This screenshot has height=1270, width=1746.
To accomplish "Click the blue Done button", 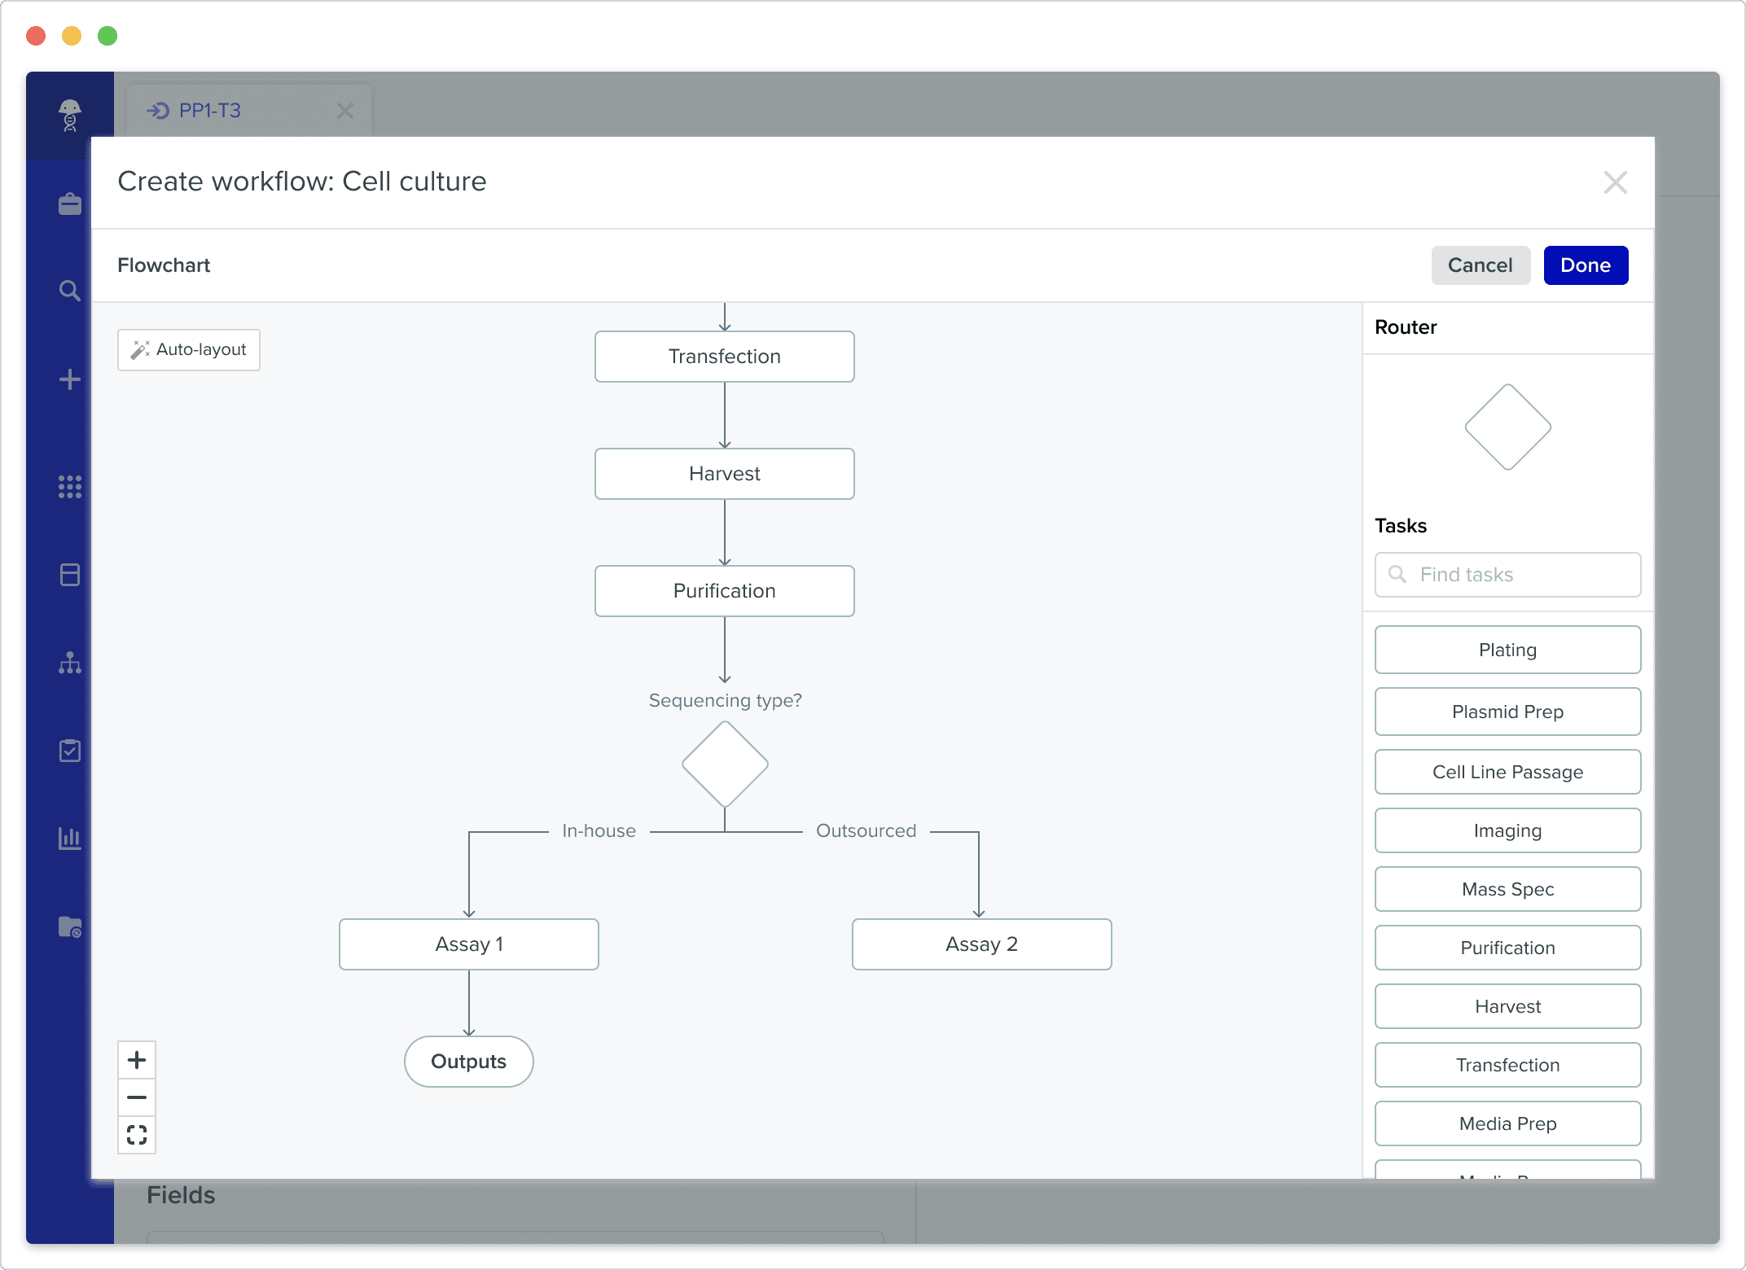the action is click(1586, 265).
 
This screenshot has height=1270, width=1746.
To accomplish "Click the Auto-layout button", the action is click(189, 350).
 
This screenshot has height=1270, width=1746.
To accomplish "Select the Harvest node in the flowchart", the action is click(725, 474).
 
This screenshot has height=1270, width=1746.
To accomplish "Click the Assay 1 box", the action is click(469, 944).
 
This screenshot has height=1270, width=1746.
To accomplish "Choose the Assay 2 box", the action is click(982, 944).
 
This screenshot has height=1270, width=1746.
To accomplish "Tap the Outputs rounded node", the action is click(469, 1062).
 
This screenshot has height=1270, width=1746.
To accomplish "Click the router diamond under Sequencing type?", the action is click(725, 764).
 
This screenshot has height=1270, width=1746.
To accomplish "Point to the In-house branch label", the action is click(599, 831).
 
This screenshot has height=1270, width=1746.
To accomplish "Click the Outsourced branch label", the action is click(866, 831).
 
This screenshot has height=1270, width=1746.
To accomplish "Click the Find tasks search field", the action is click(1507, 575).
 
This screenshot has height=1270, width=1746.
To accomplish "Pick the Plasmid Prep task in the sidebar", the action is click(1507, 712).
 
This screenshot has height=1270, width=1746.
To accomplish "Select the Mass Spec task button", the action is click(1507, 889).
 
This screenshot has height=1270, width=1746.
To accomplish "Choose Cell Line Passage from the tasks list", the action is click(1507, 772).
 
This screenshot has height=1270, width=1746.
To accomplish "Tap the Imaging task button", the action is click(1507, 830).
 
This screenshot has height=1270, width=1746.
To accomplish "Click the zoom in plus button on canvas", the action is click(137, 1060).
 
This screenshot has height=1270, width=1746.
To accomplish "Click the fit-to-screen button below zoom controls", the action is click(137, 1135).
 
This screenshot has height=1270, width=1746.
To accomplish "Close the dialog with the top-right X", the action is click(1615, 182).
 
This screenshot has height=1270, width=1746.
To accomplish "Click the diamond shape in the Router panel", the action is click(1507, 427).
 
